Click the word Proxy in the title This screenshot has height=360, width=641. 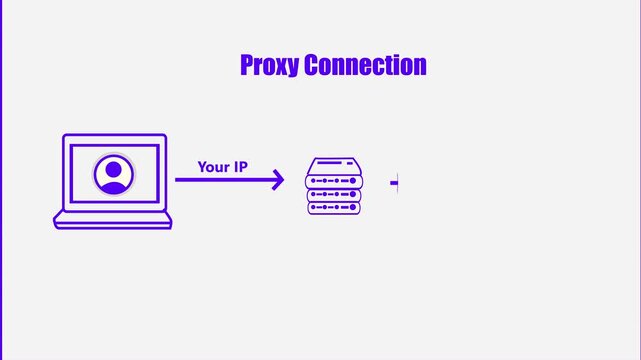click(270, 66)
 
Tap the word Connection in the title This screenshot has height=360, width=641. click(366, 66)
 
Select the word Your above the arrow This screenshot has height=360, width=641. click(213, 167)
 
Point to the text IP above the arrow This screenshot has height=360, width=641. click(240, 167)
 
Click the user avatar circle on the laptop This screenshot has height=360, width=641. click(113, 174)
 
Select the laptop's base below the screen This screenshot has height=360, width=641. click(112, 220)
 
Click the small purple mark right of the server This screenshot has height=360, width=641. click(395, 183)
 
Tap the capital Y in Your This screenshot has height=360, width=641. click(202, 167)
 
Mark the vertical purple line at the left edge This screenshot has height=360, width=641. click(1, 180)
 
